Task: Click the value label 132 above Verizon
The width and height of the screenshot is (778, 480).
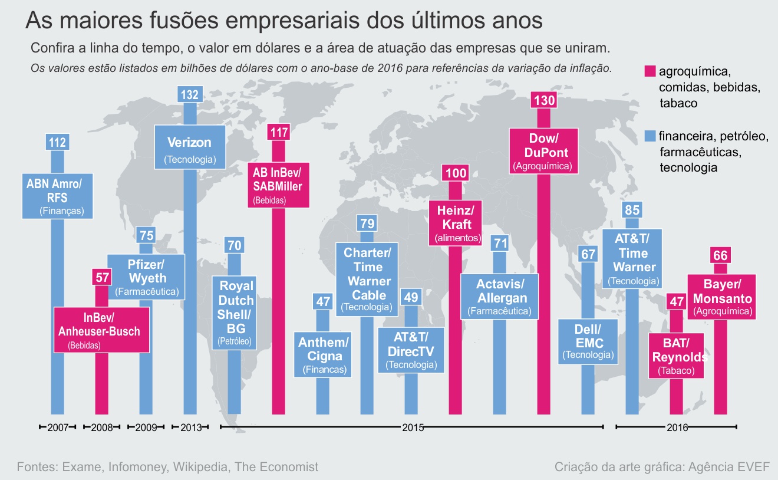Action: pos(190,94)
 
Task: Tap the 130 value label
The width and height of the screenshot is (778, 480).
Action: pos(543,100)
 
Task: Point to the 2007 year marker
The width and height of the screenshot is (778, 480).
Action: pos(57,428)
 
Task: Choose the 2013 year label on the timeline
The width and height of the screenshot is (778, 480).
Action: pos(190,428)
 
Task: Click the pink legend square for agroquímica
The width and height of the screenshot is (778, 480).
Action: pos(650,71)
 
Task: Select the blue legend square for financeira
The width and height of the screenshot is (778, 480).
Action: pos(650,137)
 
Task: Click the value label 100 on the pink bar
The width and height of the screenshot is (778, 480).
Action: pos(455,173)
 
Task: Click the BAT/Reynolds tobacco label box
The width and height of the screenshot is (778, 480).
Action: pos(677,355)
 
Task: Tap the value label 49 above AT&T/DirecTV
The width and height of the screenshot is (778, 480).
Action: pos(411,297)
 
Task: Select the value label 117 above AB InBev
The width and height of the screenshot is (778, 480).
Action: pos(278,132)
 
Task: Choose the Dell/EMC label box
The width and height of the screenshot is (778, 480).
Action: pos(588,341)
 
